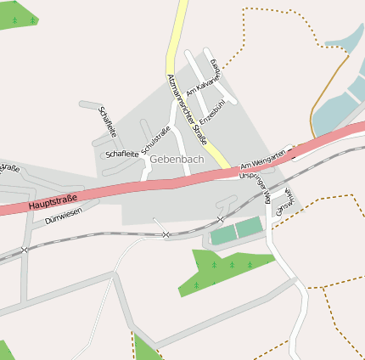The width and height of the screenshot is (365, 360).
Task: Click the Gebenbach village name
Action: point(177,159)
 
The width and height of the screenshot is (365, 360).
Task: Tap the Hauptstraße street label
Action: point(53,202)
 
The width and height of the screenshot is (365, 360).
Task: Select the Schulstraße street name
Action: point(157,139)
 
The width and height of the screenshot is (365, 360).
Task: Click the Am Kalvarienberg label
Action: point(203,82)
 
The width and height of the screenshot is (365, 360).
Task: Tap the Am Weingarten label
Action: point(260,159)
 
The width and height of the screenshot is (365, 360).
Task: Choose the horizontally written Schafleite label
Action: point(121,154)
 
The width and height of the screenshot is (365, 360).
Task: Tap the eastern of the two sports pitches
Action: point(250,227)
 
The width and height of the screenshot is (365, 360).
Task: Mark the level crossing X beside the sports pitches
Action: point(166,233)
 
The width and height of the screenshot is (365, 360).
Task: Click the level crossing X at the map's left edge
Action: point(25,249)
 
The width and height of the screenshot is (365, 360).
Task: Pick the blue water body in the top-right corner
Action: point(344,85)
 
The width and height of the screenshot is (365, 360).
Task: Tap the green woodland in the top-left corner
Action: point(19,14)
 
